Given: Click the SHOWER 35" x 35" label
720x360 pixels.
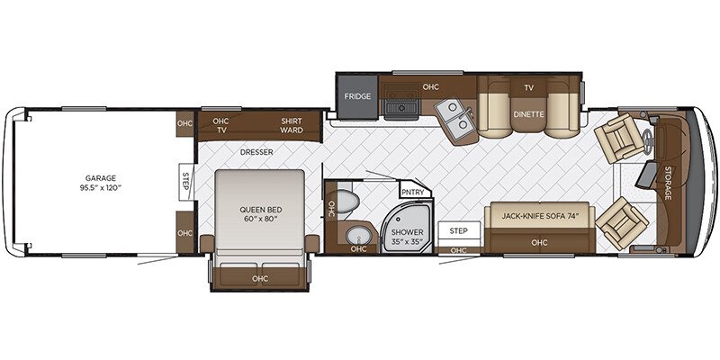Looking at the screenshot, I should (406, 236).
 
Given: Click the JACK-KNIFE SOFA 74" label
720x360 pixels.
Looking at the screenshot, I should (538, 217).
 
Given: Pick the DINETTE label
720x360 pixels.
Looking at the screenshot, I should (528, 114).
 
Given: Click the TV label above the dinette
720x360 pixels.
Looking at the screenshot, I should (528, 88).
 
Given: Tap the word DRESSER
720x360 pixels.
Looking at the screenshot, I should (256, 152).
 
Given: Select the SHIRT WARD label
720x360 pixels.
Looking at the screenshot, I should (291, 126).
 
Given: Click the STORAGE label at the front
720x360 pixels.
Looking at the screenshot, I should (668, 183).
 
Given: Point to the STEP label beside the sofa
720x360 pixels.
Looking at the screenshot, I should (458, 231).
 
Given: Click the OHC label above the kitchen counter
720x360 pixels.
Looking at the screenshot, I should (431, 88).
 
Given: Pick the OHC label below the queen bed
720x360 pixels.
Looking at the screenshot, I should (261, 278).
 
